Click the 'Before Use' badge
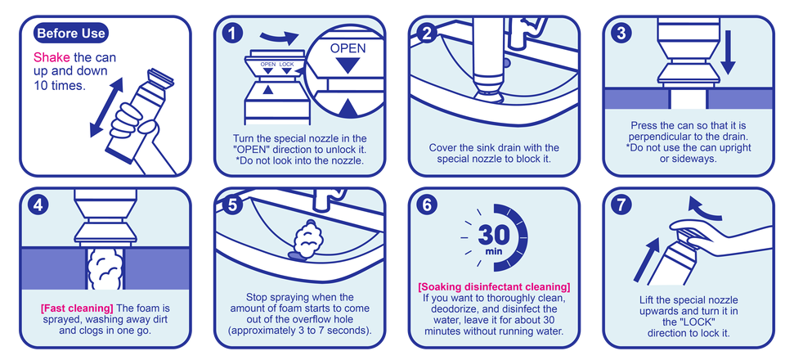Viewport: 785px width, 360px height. pos(71,34)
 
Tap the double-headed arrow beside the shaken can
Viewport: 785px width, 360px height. pos(106,106)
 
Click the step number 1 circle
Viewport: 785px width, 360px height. pos(232,34)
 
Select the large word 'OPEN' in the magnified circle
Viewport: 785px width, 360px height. pos(348,48)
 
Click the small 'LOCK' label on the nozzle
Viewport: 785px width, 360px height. pos(286,65)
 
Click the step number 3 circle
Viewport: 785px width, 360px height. pos(621,34)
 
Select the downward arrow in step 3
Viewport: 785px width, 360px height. pos(729,52)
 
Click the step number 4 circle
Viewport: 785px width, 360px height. pos(38,206)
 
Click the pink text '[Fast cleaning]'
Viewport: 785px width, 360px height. pos(77,308)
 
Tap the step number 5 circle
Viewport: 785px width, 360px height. pos(232,206)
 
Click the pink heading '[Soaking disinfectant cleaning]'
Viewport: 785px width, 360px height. pos(494,287)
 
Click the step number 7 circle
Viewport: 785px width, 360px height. pos(621,206)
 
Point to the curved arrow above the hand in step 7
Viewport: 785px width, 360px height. pos(704,208)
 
